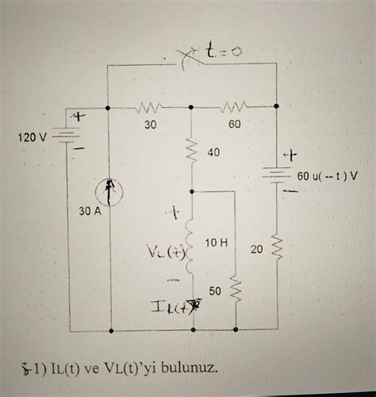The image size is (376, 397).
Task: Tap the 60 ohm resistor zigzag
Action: (x=236, y=106)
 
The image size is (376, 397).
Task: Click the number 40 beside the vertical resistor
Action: (x=213, y=151)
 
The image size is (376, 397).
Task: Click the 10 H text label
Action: (x=217, y=241)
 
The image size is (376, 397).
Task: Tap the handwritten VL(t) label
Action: (x=165, y=252)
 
